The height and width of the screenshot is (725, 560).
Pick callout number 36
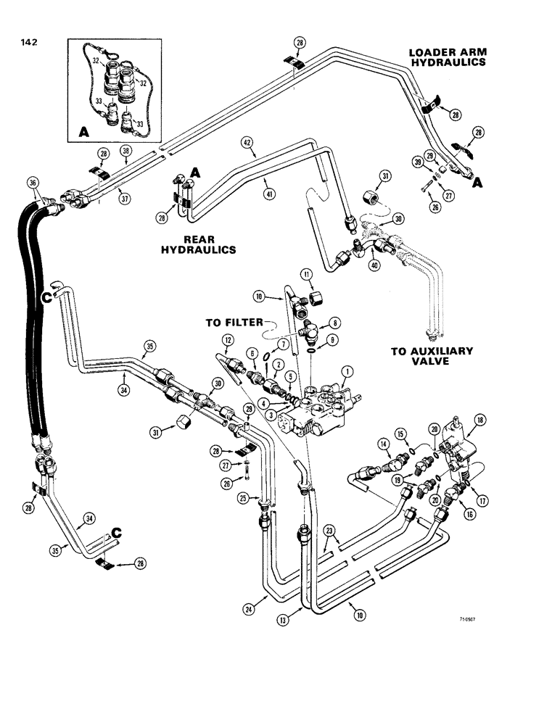pyautogui.click(x=31, y=183)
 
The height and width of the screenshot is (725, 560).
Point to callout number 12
pyautogui.click(x=228, y=340)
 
